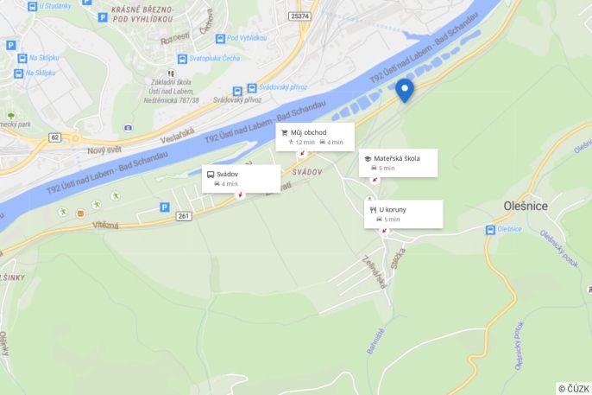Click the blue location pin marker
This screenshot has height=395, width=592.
404,89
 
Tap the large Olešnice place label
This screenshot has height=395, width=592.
526,205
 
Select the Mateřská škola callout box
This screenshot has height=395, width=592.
398,162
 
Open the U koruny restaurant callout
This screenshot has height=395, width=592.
404,213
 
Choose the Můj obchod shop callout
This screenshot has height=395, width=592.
314,137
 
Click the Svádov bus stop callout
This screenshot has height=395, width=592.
241,178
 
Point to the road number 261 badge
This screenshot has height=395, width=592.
183,216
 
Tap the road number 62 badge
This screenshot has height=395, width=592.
55,137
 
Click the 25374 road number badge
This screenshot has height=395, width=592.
299,16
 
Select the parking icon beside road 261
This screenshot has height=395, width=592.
164,207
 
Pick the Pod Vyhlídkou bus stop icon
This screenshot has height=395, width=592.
220,39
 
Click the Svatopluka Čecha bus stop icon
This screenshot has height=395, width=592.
182,59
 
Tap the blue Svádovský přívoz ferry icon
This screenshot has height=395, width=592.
252,87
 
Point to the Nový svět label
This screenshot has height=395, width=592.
104,150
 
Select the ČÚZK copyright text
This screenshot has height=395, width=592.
574,388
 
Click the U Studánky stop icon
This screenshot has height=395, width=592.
33,6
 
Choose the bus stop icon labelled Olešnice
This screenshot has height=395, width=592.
490,230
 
